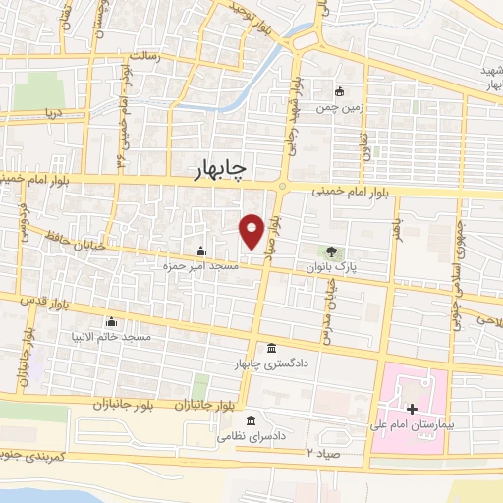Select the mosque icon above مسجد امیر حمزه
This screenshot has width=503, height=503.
[x=200, y=251]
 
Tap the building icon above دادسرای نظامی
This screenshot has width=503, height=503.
[x=251, y=419]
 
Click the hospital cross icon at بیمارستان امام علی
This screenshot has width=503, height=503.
[x=412, y=408]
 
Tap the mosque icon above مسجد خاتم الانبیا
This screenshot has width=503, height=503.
[x=110, y=321]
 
